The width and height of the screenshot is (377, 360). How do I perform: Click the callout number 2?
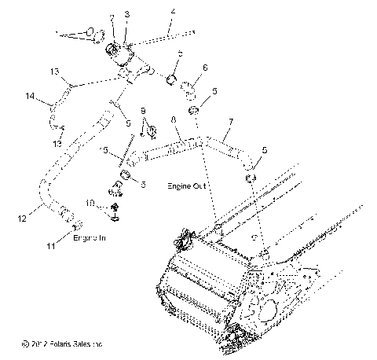tap(112, 17)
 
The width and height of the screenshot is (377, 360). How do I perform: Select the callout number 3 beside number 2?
tap(127, 15)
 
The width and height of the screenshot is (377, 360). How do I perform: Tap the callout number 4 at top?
tap(173, 11)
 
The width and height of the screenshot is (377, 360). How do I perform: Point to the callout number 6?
tap(206, 68)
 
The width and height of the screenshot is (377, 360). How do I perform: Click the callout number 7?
tap(231, 122)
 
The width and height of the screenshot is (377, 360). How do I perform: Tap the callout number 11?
tap(52, 246)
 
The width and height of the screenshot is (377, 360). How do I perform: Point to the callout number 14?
tap(31, 97)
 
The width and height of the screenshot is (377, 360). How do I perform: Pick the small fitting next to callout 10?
tap(115, 208)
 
